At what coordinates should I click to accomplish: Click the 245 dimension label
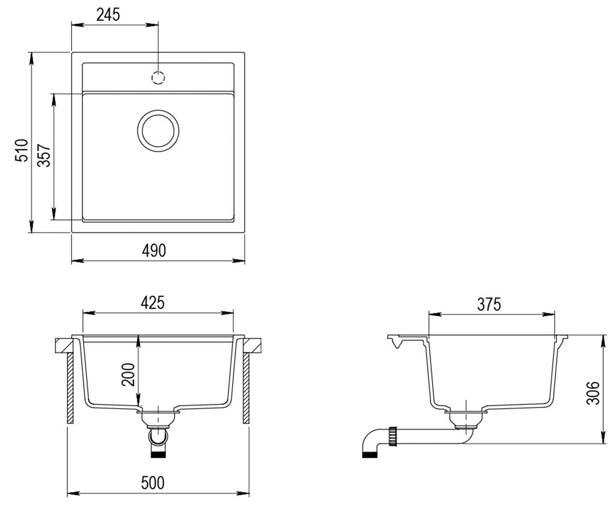pyautogui.click(x=108, y=15)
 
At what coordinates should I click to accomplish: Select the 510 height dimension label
pyautogui.click(x=21, y=150)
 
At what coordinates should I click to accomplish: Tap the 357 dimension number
pyautogui.click(x=44, y=155)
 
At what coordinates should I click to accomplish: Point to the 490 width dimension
pyautogui.click(x=154, y=250)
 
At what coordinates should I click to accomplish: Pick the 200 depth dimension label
pyautogui.click(x=128, y=375)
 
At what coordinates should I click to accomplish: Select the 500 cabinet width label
pyautogui.click(x=152, y=483)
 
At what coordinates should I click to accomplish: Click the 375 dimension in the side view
pyautogui.click(x=489, y=304)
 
